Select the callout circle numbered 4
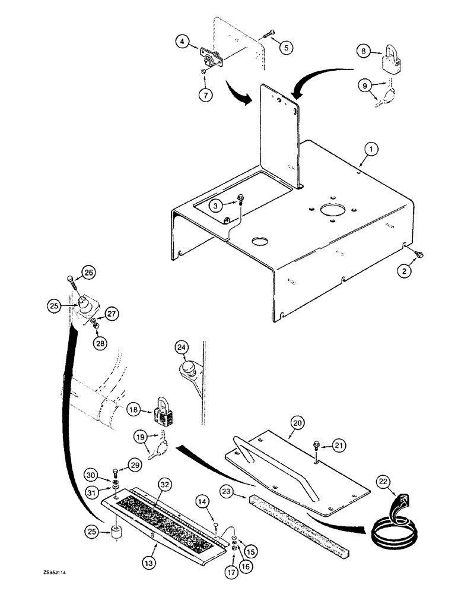[x=183, y=42]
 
